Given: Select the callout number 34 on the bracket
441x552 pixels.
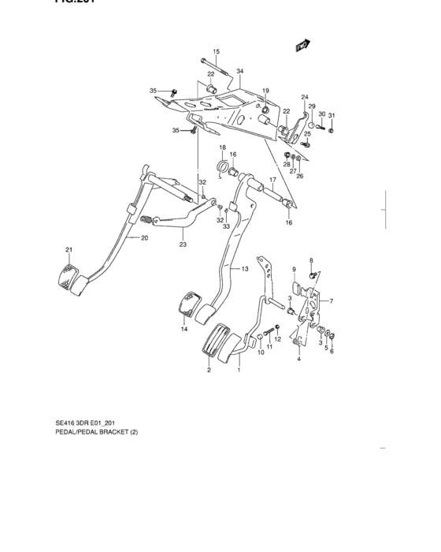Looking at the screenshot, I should click(239, 71).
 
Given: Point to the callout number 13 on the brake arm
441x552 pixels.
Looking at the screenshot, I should click(245, 269).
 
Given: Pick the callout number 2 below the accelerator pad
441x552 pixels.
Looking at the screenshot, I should click(209, 369).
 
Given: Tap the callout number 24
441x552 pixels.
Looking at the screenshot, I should click(304, 97).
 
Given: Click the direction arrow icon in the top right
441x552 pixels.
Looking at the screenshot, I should click(301, 47).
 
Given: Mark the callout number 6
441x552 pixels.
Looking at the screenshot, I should click(332, 351).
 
